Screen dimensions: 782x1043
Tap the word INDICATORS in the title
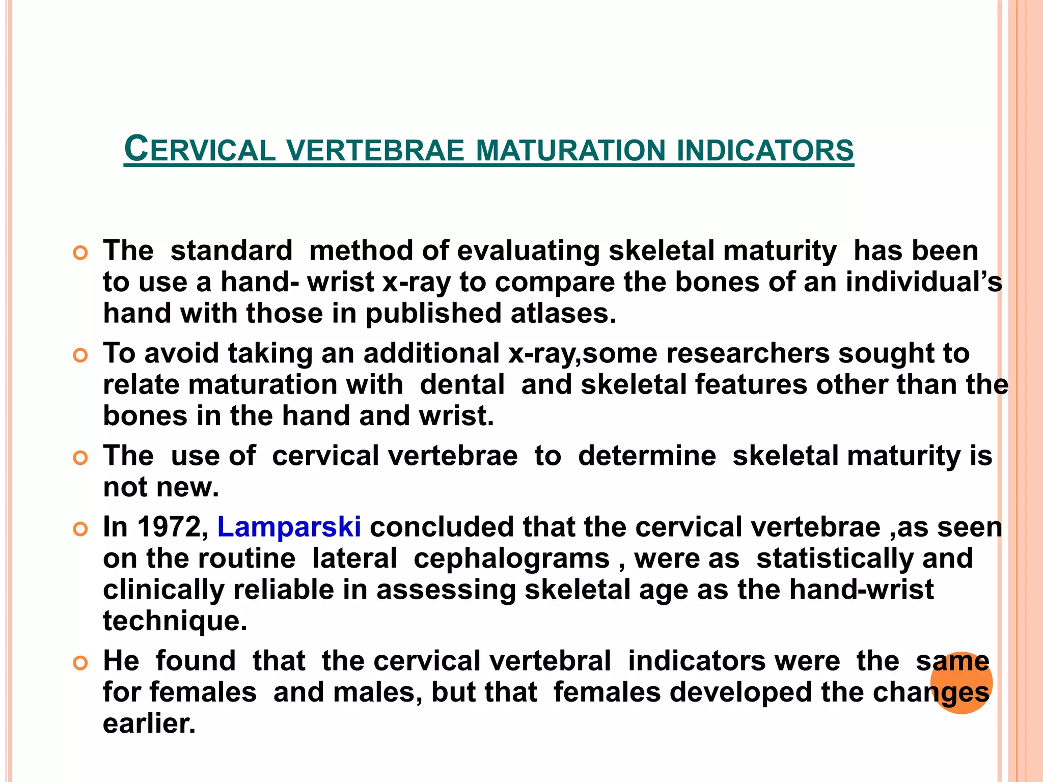click(765, 151)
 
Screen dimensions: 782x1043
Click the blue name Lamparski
click(289, 526)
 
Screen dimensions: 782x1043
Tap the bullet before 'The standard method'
click(80, 253)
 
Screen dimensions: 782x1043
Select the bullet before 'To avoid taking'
click(80, 355)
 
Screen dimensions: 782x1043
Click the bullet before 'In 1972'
click(80, 529)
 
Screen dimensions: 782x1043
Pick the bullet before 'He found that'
click(80, 663)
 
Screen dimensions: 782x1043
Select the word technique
click(175, 621)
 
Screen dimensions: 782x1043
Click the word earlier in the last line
click(149, 723)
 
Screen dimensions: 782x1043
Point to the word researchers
click(748, 353)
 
